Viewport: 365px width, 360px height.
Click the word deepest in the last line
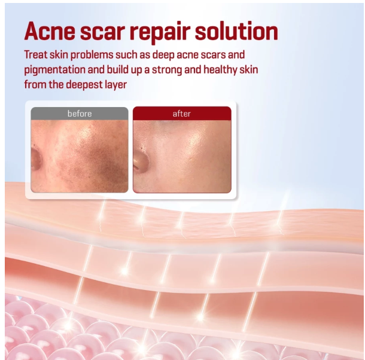[x=83, y=84]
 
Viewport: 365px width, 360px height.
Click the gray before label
[x=80, y=114]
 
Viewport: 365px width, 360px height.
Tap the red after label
[x=181, y=114]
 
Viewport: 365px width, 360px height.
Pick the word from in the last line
[x=34, y=84]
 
